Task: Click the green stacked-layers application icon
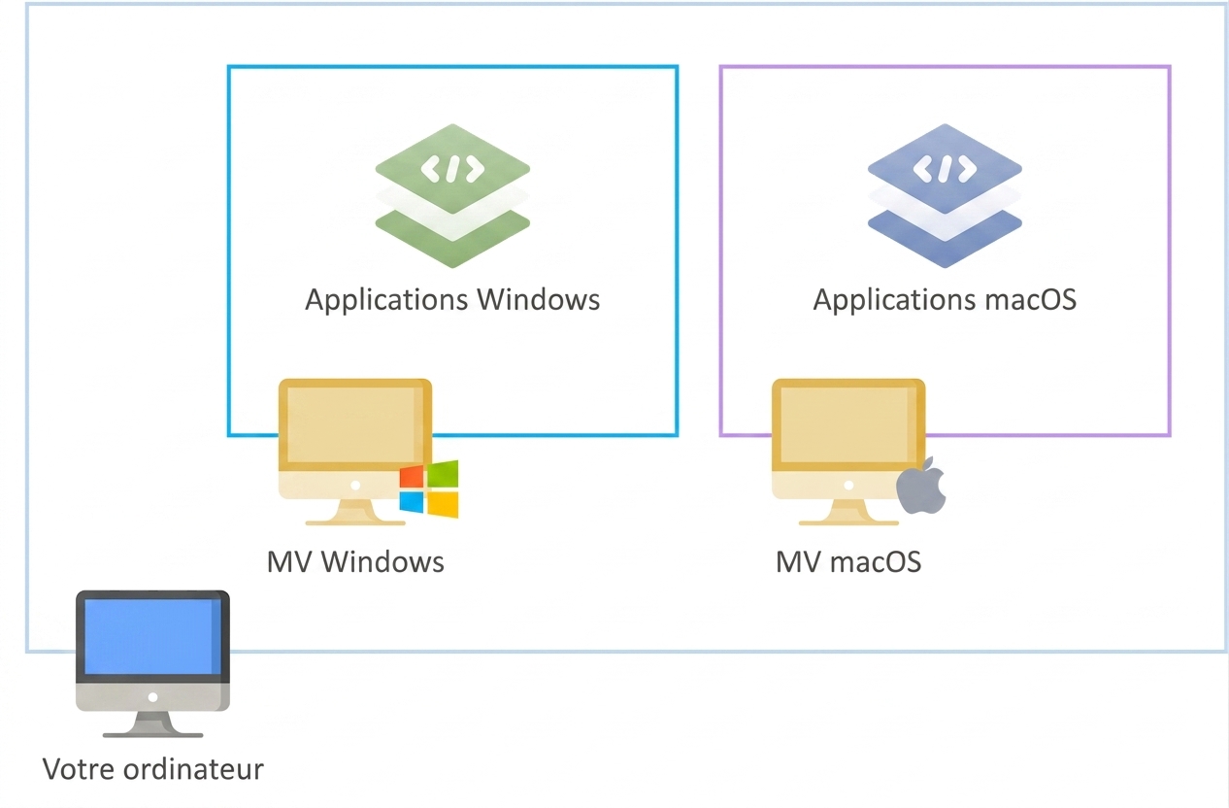click(x=452, y=196)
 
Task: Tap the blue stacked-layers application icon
click(x=945, y=196)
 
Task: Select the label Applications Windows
click(x=452, y=300)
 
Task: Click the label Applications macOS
click(x=945, y=300)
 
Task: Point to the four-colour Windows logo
click(x=429, y=489)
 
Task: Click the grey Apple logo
click(x=921, y=486)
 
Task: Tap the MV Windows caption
click(x=355, y=562)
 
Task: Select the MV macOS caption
click(x=848, y=562)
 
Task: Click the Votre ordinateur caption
click(x=153, y=769)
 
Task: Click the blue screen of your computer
click(x=152, y=636)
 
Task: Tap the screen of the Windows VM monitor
click(x=355, y=424)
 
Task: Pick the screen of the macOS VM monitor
click(x=848, y=424)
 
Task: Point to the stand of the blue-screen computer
click(x=153, y=724)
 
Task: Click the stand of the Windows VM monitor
click(x=355, y=513)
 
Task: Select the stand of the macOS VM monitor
click(x=848, y=513)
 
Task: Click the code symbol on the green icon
click(x=452, y=169)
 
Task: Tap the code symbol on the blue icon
click(x=945, y=169)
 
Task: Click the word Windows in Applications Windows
click(x=538, y=300)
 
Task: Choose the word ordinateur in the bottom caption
click(x=193, y=769)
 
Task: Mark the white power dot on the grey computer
click(x=153, y=697)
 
